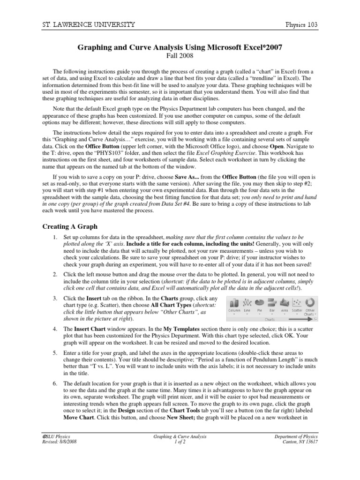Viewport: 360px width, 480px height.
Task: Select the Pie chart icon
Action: pos(259,302)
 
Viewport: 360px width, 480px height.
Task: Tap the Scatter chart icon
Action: pos(297,302)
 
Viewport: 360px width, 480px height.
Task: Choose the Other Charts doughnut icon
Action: pos(310,302)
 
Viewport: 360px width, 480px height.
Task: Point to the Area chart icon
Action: pos(284,302)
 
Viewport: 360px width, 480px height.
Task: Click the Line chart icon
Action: pos(247,302)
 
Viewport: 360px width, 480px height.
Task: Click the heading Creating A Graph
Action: pos(70,226)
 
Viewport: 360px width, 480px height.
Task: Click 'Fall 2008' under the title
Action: pos(180,56)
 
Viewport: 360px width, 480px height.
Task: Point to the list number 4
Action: pos(55,330)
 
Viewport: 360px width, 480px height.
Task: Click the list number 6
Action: pos(55,383)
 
